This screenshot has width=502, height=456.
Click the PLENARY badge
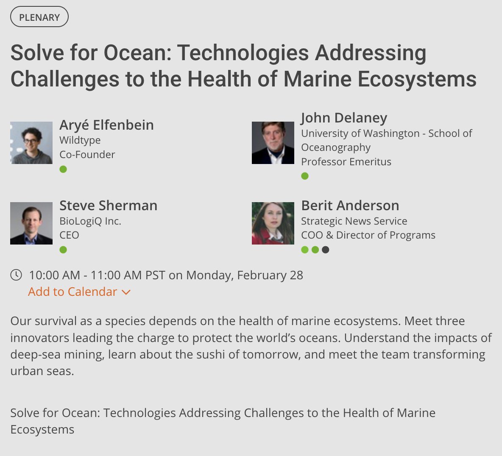coord(39,17)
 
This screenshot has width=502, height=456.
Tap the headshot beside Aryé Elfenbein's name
coord(31,143)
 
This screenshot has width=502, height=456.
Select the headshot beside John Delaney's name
coord(273,143)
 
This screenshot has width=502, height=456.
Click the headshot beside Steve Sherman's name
coord(31,223)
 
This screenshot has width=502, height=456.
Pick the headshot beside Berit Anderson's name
coord(273,223)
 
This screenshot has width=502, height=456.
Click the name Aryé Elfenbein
coord(106,125)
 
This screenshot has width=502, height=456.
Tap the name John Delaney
coord(344,118)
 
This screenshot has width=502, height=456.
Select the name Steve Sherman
coord(108,206)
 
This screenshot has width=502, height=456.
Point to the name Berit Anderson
coord(350,206)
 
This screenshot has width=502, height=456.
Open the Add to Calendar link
coord(73,292)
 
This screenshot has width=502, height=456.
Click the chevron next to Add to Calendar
coord(126,292)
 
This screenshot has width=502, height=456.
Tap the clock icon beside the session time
coord(16,275)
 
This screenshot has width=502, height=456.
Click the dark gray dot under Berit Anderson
coord(325,250)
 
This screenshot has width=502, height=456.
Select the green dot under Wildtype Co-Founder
coord(63,170)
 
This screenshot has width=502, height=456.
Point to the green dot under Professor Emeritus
coord(305,176)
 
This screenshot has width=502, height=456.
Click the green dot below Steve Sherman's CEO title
coord(63,250)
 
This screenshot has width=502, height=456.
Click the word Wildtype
coord(80,140)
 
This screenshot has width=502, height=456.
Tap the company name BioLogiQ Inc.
coord(90,221)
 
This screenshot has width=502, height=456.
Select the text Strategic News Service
coord(354,221)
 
